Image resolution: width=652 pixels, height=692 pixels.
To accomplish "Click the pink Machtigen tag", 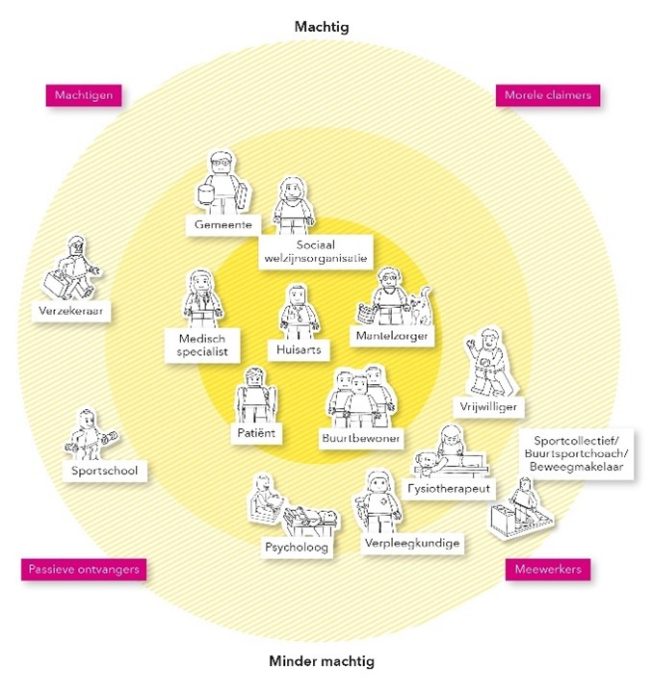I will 85,96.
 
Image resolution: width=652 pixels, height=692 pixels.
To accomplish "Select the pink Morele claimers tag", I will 547,95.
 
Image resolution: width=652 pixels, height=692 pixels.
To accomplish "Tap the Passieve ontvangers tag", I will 84,569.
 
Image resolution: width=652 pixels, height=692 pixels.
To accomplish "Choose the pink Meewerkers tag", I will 548,570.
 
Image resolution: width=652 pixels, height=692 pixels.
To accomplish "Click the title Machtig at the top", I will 322,27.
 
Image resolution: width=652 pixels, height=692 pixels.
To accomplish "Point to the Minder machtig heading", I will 322,661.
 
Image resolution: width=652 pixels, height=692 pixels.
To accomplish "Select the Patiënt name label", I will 255,434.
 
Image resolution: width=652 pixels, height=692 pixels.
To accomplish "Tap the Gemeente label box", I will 222,224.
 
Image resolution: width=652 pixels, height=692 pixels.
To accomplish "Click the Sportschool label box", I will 104,471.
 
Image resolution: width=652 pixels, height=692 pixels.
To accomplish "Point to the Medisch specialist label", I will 202,346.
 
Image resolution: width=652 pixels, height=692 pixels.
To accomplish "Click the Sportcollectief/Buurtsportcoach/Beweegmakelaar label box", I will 564,452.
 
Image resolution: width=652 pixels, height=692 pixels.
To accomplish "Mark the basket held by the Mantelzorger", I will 367,312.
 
